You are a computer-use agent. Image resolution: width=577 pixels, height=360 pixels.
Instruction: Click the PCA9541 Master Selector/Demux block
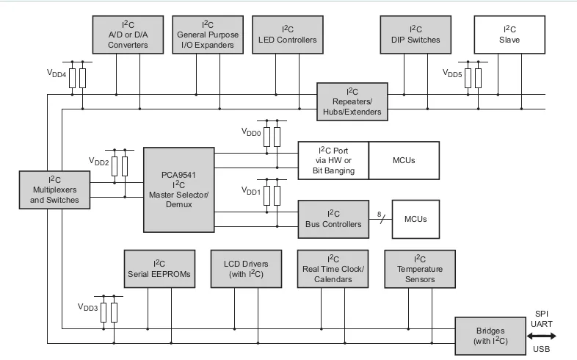coord(179,190)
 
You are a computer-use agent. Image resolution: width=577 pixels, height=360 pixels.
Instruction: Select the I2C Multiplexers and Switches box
coord(54,190)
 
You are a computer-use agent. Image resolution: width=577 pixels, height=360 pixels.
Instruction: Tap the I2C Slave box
coord(509,35)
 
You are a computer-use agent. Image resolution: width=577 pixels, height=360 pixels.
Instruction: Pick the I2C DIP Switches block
coord(415,35)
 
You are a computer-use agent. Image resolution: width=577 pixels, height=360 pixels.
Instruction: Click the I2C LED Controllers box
coord(288,35)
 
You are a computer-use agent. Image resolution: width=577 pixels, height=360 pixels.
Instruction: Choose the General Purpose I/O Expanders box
coord(208,35)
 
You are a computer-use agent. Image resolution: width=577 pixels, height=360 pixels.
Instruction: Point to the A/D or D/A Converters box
coord(128,35)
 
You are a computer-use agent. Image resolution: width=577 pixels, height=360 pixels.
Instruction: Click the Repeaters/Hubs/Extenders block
coord(352,101)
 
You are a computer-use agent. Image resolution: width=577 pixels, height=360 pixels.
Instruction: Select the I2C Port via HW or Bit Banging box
coord(333,160)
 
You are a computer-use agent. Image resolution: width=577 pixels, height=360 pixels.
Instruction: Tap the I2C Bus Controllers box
coord(333,220)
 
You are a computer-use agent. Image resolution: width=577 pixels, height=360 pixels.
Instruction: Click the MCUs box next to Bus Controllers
coord(415,220)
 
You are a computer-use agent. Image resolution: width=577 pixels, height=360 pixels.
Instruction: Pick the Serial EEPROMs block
coord(160,269)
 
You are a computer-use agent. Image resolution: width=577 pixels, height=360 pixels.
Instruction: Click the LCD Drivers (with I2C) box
coord(246,269)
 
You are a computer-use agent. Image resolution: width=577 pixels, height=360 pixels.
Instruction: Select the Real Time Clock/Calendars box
coord(333,269)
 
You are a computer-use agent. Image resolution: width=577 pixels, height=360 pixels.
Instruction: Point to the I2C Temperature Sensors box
coord(420,269)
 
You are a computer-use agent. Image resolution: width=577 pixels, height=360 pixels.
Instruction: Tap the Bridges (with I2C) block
coord(490,336)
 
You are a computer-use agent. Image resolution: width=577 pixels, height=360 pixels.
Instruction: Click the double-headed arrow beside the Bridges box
coord(541,336)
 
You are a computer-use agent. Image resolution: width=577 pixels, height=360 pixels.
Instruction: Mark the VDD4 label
coord(57,73)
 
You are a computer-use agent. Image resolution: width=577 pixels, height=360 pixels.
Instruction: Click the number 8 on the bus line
coord(379,215)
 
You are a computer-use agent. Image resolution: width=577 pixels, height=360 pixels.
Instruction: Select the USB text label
coord(541,349)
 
